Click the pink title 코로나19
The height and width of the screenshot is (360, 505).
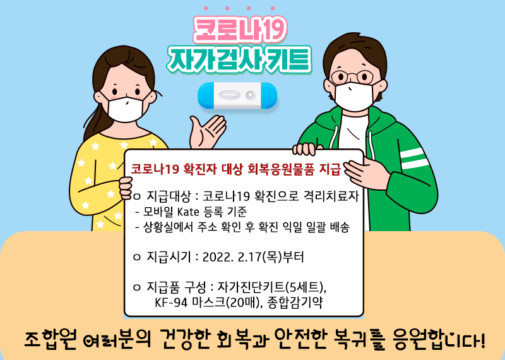coord(240,30)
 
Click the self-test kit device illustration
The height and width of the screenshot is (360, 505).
coord(237,95)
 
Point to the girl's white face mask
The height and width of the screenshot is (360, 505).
coord(126,107)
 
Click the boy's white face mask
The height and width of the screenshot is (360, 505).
coord(354,97)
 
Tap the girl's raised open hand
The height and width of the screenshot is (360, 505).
coord(207,131)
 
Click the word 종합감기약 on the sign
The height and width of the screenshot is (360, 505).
coord(295,303)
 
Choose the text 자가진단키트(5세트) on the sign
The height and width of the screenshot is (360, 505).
coord(271,287)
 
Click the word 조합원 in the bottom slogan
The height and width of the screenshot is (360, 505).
coord(50,339)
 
